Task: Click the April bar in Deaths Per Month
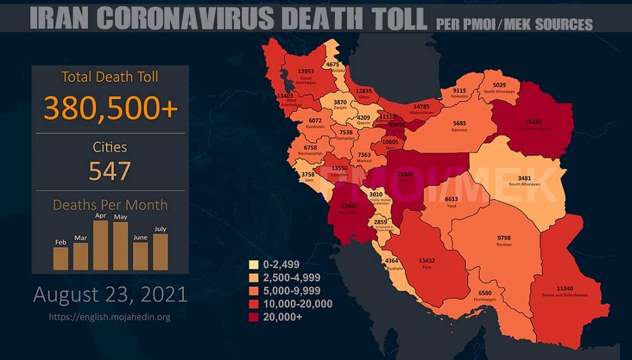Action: click(x=100, y=246)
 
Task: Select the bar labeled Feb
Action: click(x=61, y=258)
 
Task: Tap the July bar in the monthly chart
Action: click(x=161, y=252)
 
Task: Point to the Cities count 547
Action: click(x=110, y=171)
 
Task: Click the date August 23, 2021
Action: click(x=110, y=294)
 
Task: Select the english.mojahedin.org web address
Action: click(x=110, y=316)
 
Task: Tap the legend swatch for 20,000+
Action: click(x=255, y=317)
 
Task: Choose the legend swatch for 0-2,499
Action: click(x=255, y=265)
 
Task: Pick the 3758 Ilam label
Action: click(x=308, y=174)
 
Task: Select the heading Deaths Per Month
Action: click(x=110, y=205)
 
